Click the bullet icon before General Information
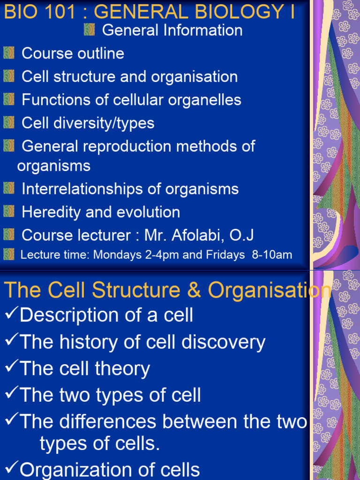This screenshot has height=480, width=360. [90, 30]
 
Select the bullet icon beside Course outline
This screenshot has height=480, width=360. [9, 53]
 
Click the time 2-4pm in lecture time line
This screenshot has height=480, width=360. [157, 255]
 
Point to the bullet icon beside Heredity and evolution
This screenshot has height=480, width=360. [9, 212]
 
